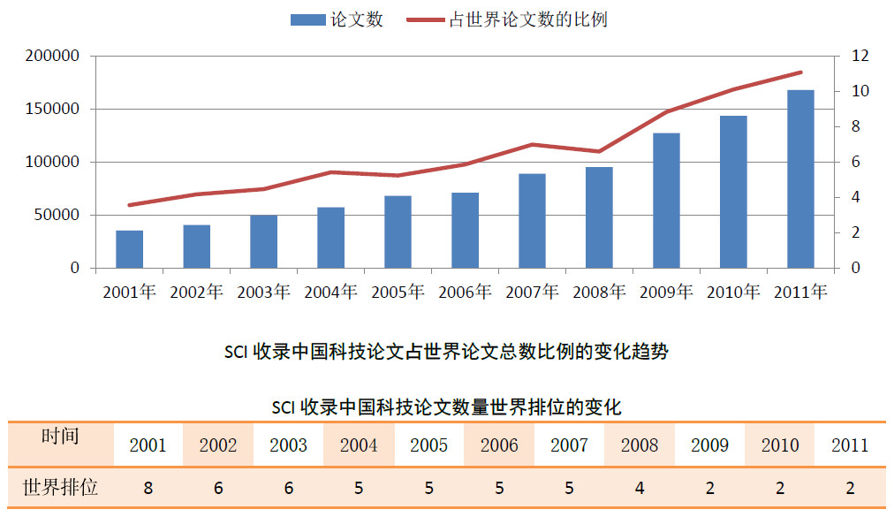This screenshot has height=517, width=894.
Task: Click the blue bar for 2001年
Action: tap(129, 249)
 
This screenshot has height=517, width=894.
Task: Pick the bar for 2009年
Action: tap(666, 201)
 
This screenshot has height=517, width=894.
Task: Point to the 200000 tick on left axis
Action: tap(53, 57)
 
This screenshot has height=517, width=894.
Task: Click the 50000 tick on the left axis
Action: tap(57, 215)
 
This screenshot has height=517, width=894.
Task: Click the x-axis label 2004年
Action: tap(330, 292)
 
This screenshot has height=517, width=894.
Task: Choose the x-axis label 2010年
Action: tap(733, 292)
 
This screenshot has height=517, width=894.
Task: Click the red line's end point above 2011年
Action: tap(800, 72)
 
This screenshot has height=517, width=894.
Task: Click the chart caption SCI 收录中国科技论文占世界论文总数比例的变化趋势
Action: tap(446, 352)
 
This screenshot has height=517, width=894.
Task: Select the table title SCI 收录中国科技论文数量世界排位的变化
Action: tap(446, 407)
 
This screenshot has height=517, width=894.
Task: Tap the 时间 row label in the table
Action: tap(60, 436)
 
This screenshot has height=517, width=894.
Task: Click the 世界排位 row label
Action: tap(60, 487)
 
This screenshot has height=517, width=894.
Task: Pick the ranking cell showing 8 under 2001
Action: tap(148, 488)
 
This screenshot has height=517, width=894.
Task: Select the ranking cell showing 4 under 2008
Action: tap(639, 488)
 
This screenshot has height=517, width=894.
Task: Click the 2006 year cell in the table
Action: tap(499, 445)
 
